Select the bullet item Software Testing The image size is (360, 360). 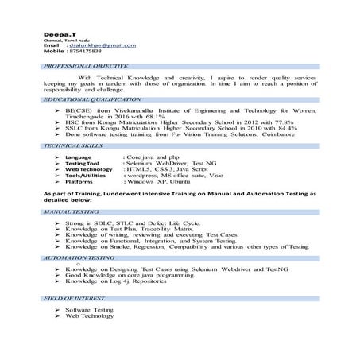pyautogui.click(x=90, y=309)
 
